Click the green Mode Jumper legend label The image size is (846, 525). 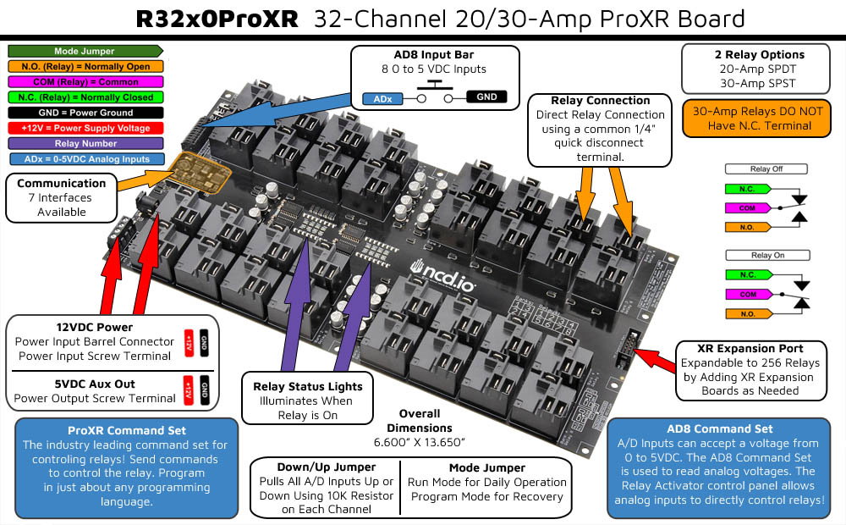pos(84,52)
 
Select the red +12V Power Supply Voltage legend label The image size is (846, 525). pos(84,128)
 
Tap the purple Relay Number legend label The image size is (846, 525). pos(84,143)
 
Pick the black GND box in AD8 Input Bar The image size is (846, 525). pos(486,97)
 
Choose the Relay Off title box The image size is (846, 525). pos(766,169)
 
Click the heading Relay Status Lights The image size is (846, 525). pos(308,386)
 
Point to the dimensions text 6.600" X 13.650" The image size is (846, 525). pos(420,442)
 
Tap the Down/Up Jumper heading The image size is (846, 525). pos(325,467)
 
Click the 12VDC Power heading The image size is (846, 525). pos(95,327)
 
